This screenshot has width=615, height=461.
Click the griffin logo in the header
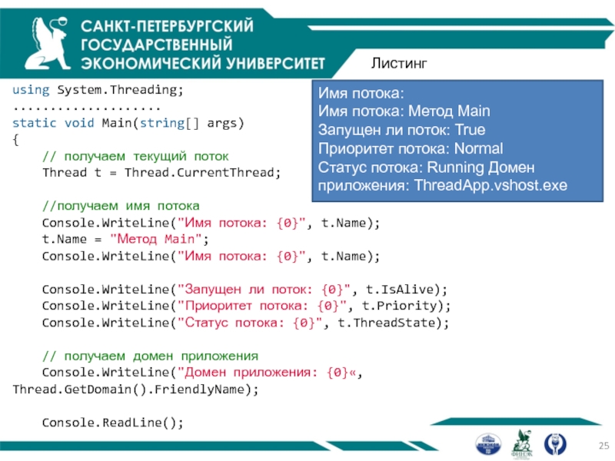[40, 42]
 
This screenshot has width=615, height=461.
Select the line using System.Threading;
[98, 90]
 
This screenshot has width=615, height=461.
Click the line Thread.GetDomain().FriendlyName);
[135, 390]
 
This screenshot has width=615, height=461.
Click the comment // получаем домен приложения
[150, 357]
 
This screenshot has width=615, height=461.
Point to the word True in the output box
[469, 129]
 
